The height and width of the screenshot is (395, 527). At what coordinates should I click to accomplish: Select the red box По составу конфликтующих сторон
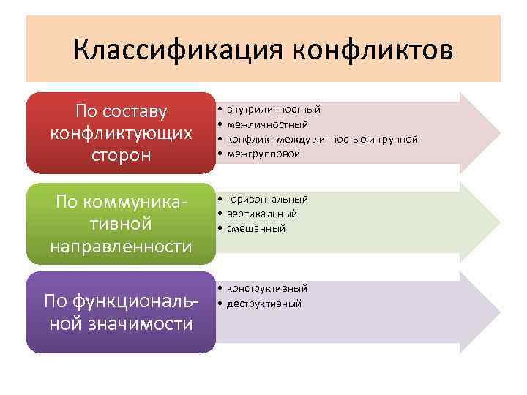coord(121,133)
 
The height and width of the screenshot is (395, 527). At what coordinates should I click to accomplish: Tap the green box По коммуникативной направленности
coord(121,223)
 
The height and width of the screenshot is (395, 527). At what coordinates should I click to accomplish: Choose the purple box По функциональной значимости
coord(121,312)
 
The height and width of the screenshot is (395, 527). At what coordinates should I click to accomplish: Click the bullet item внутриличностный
coord(273,109)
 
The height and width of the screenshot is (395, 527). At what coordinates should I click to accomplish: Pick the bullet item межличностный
coord(267,124)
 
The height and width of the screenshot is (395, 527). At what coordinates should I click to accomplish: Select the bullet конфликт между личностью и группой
coord(322,139)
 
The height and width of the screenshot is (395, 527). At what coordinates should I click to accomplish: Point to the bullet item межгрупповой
coord(263,154)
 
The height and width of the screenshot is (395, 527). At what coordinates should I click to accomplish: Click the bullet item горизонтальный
coord(267,199)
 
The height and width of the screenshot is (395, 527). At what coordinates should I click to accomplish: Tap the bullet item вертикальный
coord(261,214)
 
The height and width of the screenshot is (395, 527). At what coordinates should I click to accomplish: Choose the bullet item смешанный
coord(255,229)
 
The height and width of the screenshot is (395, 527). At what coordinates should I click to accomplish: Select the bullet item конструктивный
coord(266,288)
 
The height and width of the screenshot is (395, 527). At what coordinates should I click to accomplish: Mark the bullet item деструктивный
coord(263,304)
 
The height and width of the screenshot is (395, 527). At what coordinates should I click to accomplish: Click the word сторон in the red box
coord(121,157)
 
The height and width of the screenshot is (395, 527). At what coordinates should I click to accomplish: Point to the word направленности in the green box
coord(121,246)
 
